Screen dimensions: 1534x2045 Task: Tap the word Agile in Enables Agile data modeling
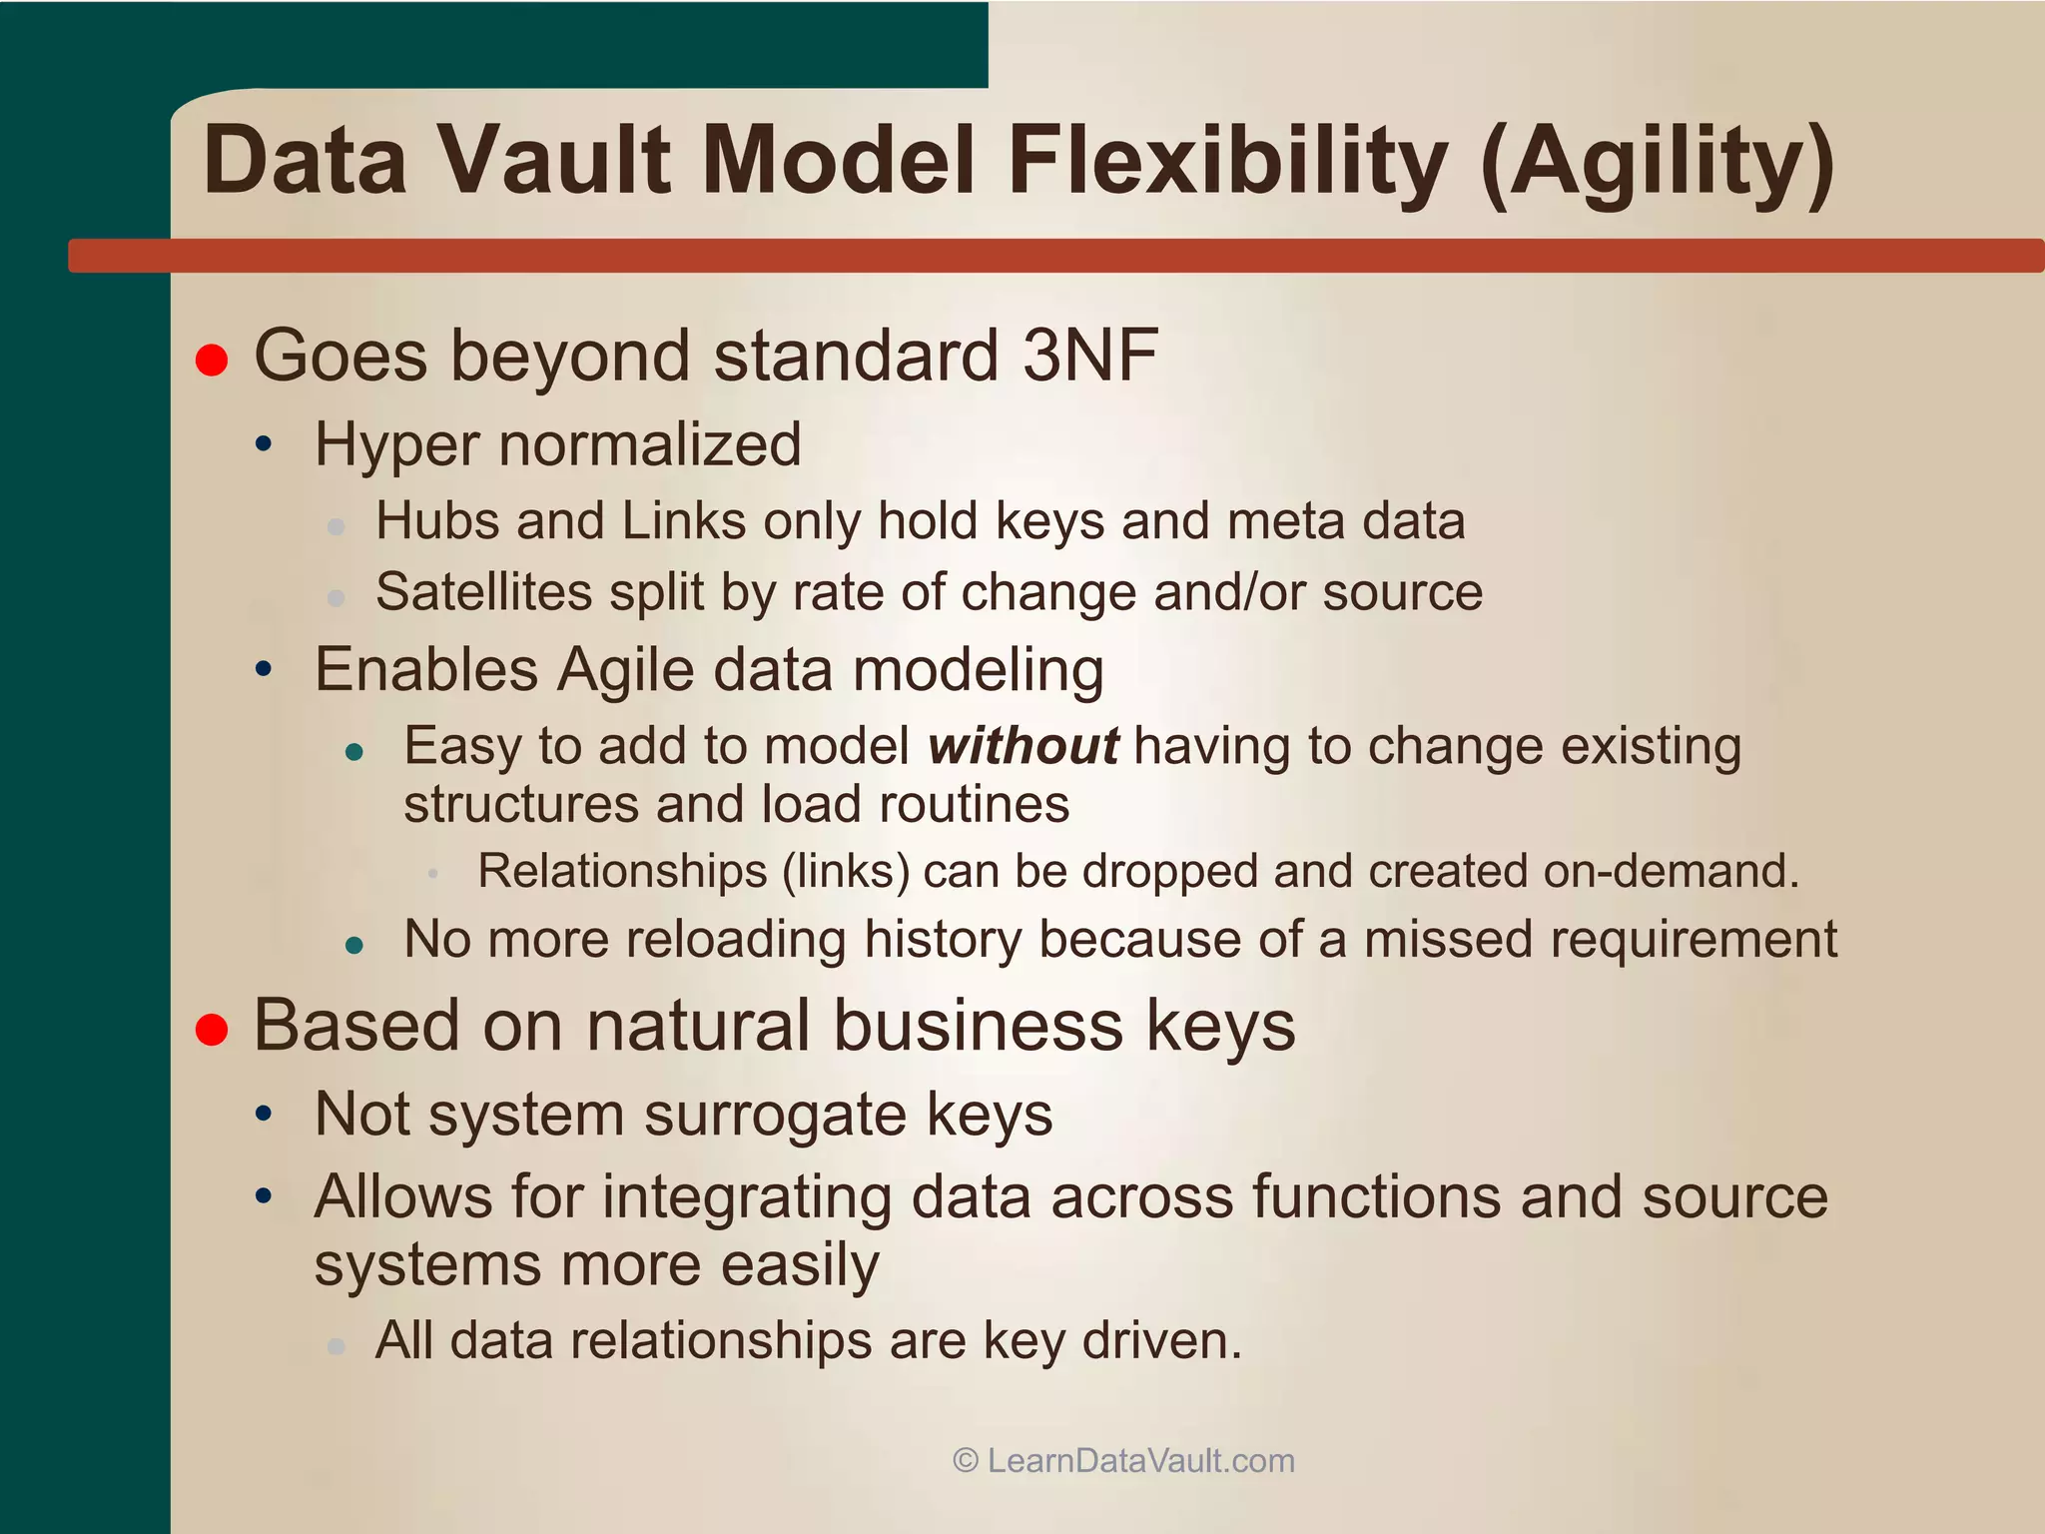(x=625, y=670)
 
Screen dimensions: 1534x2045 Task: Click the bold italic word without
(x=1023, y=747)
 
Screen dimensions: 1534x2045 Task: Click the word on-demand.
(x=1671, y=871)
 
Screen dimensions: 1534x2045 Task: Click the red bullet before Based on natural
(x=212, y=1030)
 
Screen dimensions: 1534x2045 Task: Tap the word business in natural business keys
(x=978, y=1027)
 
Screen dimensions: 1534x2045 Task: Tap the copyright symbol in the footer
(x=965, y=1461)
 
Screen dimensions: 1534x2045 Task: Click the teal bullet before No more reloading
(x=353, y=945)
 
